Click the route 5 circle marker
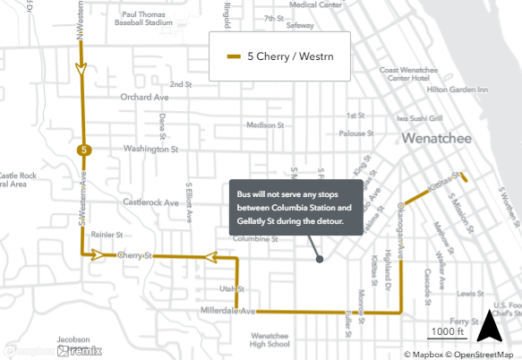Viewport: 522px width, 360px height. coord(83,150)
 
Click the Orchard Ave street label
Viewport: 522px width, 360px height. coord(144,96)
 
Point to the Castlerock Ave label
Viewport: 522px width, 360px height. coord(151,202)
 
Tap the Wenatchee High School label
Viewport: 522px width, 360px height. coord(265,339)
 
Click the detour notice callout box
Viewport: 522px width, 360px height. coord(295,207)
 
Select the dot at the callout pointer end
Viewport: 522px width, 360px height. coord(320,260)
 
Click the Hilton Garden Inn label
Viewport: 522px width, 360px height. coord(457,90)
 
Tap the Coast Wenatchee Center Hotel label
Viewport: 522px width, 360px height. coord(406,74)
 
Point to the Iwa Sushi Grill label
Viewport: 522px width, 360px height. coord(421,116)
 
